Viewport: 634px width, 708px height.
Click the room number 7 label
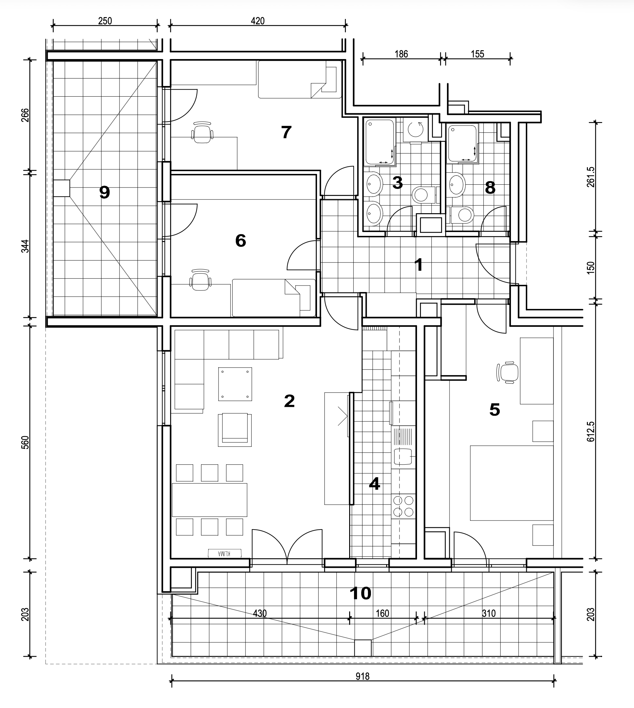pos(286,132)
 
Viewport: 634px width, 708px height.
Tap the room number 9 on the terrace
pos(105,192)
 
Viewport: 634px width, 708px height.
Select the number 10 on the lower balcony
pos(360,593)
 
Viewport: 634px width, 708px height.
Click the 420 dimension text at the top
pos(258,21)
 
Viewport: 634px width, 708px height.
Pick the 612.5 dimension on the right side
pos(591,432)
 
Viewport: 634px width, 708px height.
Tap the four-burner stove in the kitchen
pos(403,506)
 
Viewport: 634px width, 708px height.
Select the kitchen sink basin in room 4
pos(403,457)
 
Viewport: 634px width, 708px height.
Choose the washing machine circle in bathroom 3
pos(415,130)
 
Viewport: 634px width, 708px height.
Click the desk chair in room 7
pos(202,132)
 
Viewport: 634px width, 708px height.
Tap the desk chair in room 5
pos(507,372)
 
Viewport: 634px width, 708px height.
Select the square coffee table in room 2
pos(235,384)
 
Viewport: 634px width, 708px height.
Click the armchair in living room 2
pos(235,430)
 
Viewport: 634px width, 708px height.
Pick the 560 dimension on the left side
pos(25,443)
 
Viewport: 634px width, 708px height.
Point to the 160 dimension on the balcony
pos(383,613)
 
